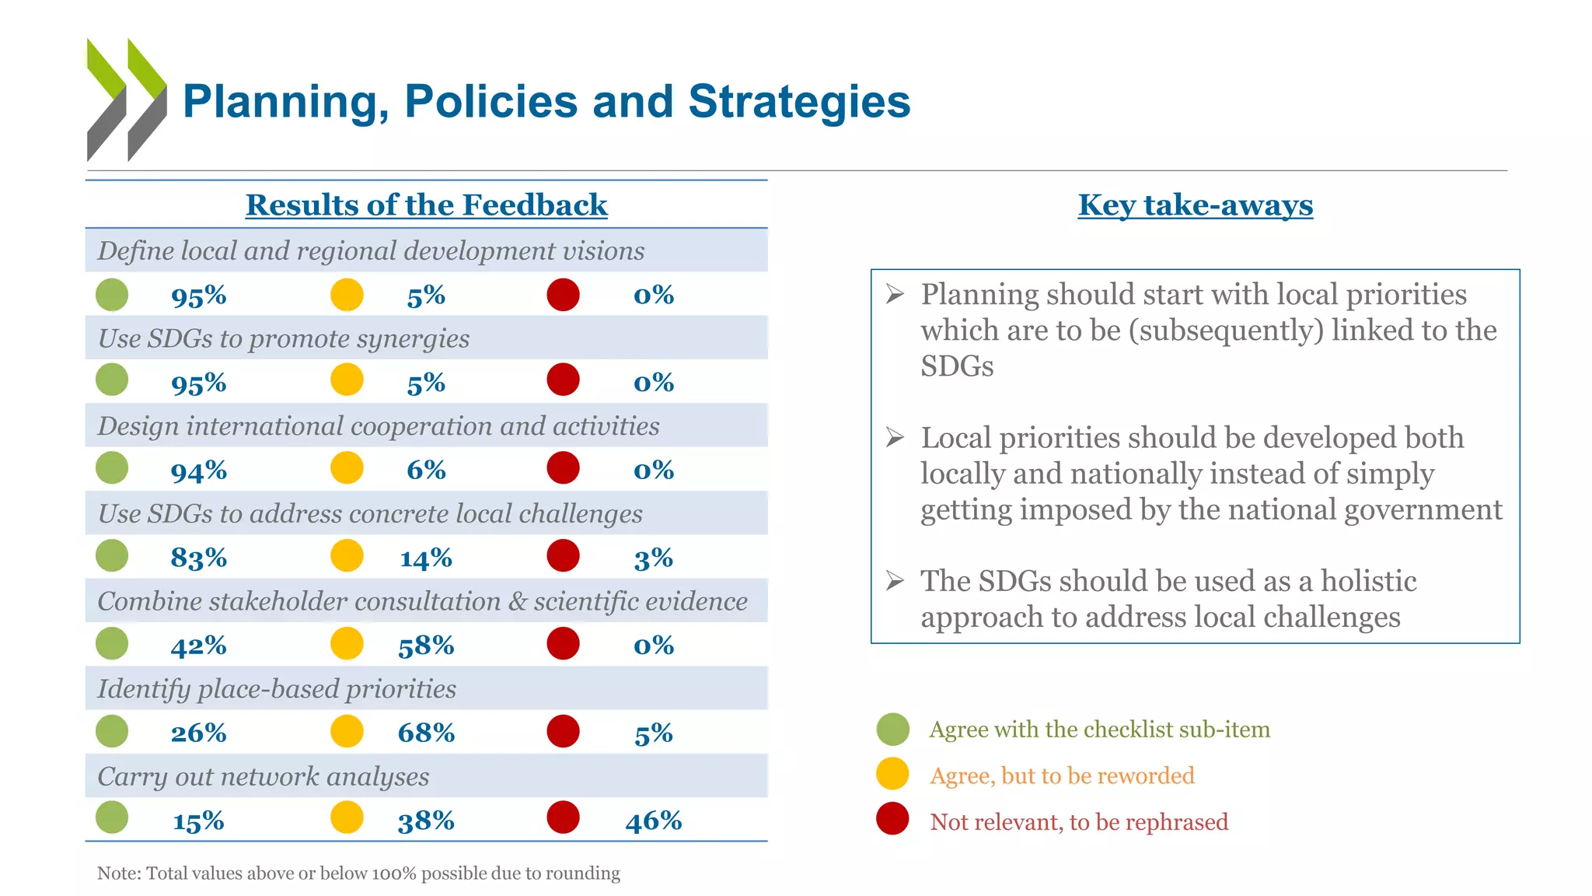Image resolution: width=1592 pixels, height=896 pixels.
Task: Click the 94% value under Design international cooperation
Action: [x=198, y=471]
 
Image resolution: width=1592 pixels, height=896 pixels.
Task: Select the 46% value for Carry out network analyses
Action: [x=653, y=821]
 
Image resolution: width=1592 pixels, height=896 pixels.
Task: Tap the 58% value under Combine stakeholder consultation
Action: [x=426, y=646]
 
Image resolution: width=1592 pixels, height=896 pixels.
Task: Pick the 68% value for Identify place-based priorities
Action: [x=426, y=733]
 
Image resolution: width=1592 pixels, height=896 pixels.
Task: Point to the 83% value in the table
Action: [x=198, y=558]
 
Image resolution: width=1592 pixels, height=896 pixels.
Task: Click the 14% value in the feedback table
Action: [x=426, y=558]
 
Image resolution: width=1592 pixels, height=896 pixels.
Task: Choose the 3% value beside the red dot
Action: [x=653, y=558]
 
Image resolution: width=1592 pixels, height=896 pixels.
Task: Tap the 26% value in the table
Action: [x=198, y=733]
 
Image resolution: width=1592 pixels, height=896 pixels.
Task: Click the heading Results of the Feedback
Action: [x=426, y=205]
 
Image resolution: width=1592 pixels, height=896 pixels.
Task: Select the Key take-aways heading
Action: [x=1195, y=205]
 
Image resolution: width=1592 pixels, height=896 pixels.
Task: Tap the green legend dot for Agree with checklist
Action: [x=892, y=729]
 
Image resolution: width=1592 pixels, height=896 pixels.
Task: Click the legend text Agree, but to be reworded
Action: [x=1062, y=775]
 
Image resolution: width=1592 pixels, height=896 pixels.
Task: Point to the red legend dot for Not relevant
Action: [x=892, y=819]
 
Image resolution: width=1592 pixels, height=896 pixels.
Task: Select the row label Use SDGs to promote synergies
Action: [x=284, y=338]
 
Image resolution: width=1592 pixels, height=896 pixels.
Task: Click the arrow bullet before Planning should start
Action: [x=895, y=294]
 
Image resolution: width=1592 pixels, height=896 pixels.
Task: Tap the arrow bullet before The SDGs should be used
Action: [x=895, y=581]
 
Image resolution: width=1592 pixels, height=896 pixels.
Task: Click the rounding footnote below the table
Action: [x=358, y=873]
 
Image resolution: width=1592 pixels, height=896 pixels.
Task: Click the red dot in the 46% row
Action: [x=563, y=817]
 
